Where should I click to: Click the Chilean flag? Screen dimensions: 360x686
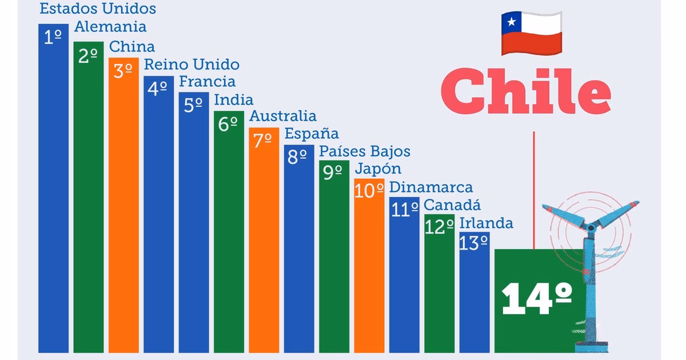(531, 34)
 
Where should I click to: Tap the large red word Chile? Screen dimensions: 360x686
(525, 91)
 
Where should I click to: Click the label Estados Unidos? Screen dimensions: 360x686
(98, 9)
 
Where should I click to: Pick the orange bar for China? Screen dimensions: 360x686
(123, 229)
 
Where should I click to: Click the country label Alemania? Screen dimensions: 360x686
(110, 27)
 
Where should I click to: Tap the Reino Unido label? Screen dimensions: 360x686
(192, 64)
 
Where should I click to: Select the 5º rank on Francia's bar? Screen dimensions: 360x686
(193, 106)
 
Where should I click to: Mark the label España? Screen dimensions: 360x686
(312, 134)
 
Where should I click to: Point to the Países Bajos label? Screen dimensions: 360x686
(365, 151)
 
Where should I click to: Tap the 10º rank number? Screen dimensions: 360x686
(369, 191)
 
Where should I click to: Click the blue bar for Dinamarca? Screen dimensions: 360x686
(404, 286)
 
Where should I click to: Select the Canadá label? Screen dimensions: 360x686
(453, 205)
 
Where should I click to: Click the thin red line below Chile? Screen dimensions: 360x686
(534, 189)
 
